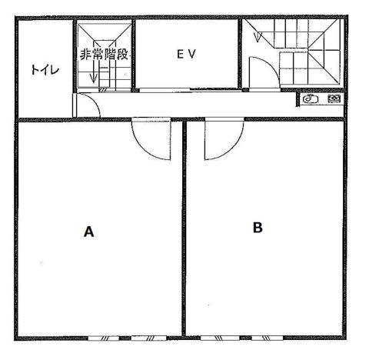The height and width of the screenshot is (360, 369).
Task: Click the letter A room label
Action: coord(88,232)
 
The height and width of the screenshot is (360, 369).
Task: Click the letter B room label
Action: coord(258,227)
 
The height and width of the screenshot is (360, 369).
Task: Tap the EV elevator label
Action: coord(186,54)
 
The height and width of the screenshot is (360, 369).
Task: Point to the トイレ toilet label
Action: coord(45,69)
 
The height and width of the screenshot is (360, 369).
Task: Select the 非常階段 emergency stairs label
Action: coord(104,55)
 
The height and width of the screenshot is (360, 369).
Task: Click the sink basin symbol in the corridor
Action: coord(311,98)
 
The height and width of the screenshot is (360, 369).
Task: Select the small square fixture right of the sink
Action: coord(334,98)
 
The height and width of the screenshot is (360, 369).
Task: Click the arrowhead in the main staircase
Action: coord(258,37)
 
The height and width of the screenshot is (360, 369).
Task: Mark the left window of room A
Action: coord(104,338)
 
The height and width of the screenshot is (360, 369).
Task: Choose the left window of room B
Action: coord(220,338)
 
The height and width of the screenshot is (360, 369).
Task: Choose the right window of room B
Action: coord(268,338)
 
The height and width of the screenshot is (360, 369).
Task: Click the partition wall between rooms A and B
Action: coord(184,228)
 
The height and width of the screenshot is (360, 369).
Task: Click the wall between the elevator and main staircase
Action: coord(240,53)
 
